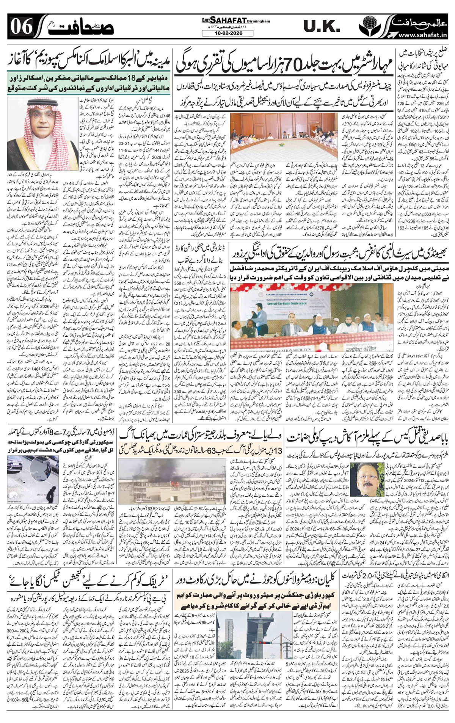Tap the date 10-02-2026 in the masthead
tap(227, 33)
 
